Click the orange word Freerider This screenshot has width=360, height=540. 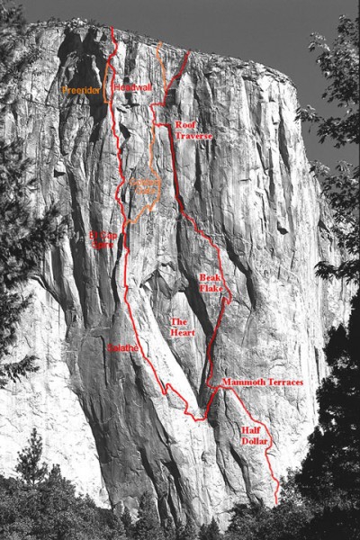(x=81, y=90)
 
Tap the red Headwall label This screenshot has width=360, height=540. (x=132, y=87)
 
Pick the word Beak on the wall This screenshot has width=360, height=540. (x=208, y=277)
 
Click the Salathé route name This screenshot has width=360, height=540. (x=122, y=346)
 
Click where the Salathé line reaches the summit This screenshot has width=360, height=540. (x=112, y=30)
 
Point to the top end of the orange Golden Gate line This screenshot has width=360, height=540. (x=161, y=43)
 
